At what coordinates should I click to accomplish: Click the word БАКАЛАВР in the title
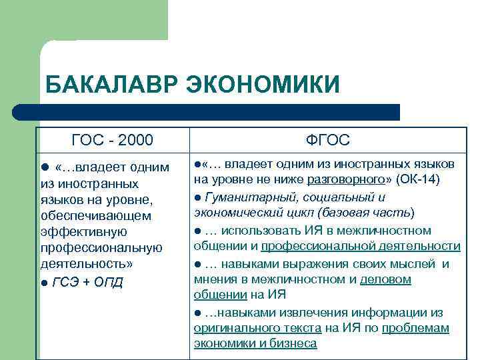[x=112, y=85]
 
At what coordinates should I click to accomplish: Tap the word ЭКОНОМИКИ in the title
[x=263, y=85]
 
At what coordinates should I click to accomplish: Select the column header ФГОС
[x=327, y=140]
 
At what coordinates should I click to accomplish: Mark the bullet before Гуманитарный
[x=198, y=197]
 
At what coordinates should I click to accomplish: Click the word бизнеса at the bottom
[x=293, y=344]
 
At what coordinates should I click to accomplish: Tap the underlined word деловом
[x=385, y=279]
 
